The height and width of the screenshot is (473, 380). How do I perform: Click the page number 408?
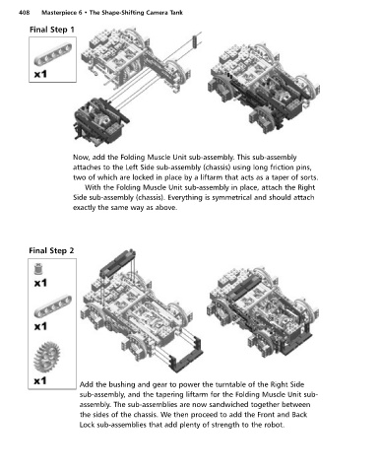[x=25, y=13]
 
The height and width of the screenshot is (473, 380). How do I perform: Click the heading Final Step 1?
[x=52, y=30]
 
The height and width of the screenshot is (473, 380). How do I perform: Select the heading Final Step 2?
[x=51, y=250]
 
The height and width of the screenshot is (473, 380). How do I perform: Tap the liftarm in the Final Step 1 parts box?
[x=52, y=54]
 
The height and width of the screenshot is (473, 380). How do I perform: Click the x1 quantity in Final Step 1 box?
[x=40, y=74]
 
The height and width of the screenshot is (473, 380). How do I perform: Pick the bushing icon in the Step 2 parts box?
[x=39, y=269]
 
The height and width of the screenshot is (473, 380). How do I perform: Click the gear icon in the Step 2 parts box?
[x=47, y=357]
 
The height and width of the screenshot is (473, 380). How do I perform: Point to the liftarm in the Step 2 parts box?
[x=52, y=306]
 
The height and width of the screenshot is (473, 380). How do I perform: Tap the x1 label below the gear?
[x=40, y=380]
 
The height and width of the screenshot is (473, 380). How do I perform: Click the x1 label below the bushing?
[x=40, y=283]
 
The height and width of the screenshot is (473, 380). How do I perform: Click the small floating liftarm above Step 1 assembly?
[x=195, y=41]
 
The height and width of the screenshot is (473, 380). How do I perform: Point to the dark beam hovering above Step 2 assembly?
[x=117, y=262]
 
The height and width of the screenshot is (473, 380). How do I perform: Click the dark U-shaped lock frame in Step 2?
[x=185, y=355]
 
